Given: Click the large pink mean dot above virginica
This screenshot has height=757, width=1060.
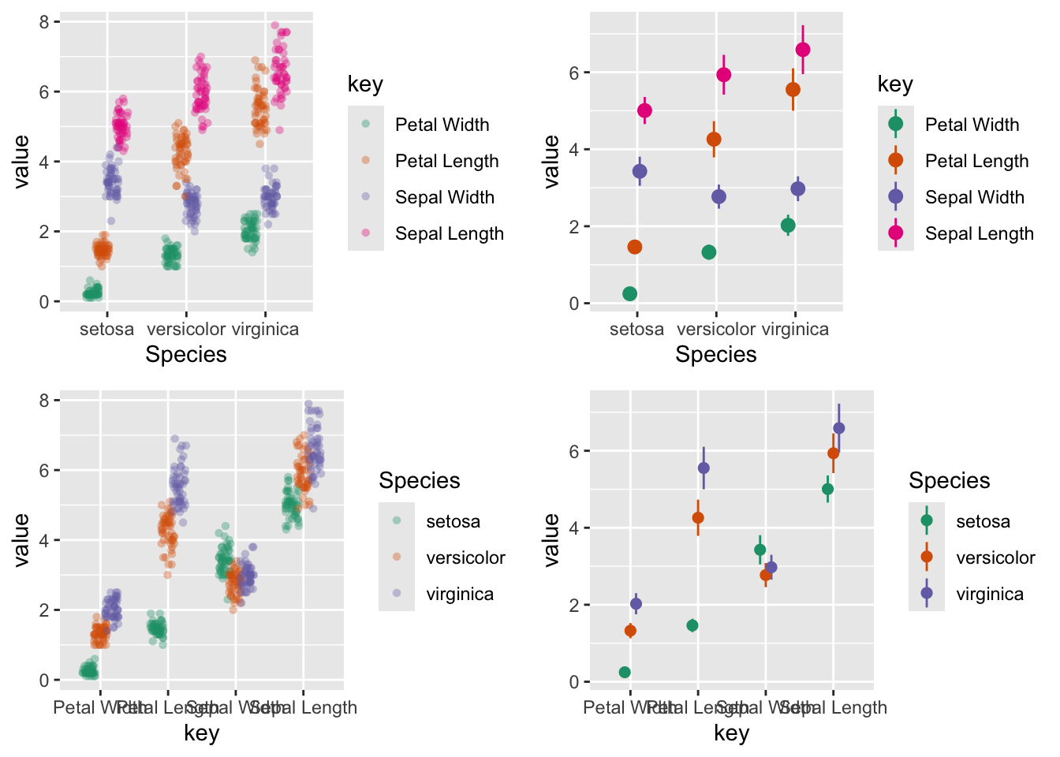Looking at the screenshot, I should click(803, 50).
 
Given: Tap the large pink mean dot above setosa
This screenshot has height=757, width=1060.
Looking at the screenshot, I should click(644, 110).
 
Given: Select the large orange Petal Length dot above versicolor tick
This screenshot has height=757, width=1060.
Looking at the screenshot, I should click(714, 140).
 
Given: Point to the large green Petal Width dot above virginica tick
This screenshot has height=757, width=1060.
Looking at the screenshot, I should click(788, 226).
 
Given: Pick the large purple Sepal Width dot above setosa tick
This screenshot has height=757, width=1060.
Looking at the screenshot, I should click(640, 171).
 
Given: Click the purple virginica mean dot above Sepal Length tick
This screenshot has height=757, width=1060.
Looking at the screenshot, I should click(839, 428).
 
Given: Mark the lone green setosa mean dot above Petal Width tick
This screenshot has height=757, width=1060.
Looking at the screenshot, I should click(625, 672).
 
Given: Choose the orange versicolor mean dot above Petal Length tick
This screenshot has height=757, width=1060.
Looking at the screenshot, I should click(698, 518).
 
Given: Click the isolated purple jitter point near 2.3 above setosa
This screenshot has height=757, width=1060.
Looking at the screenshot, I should click(111, 221).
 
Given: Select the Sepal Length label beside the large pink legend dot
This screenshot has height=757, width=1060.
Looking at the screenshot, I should click(979, 233).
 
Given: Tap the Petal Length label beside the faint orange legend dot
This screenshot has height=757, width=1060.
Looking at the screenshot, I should click(446, 161).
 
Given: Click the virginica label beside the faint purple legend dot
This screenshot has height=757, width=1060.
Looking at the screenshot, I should click(460, 594).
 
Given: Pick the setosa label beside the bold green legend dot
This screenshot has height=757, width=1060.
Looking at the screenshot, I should click(983, 521).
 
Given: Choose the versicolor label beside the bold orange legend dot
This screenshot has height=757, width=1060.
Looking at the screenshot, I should click(995, 557).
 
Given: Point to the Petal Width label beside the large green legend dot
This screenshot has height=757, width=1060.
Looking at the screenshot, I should click(972, 125).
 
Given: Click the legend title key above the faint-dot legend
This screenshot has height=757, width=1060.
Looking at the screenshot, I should click(365, 84).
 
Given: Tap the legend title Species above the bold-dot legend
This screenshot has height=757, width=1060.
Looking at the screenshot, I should click(949, 480).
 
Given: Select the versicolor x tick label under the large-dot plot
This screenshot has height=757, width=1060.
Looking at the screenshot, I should click(716, 329).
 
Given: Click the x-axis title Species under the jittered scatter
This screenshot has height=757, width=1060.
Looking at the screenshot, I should click(186, 354).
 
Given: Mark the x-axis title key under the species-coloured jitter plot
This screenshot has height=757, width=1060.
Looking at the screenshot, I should click(201, 733).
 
